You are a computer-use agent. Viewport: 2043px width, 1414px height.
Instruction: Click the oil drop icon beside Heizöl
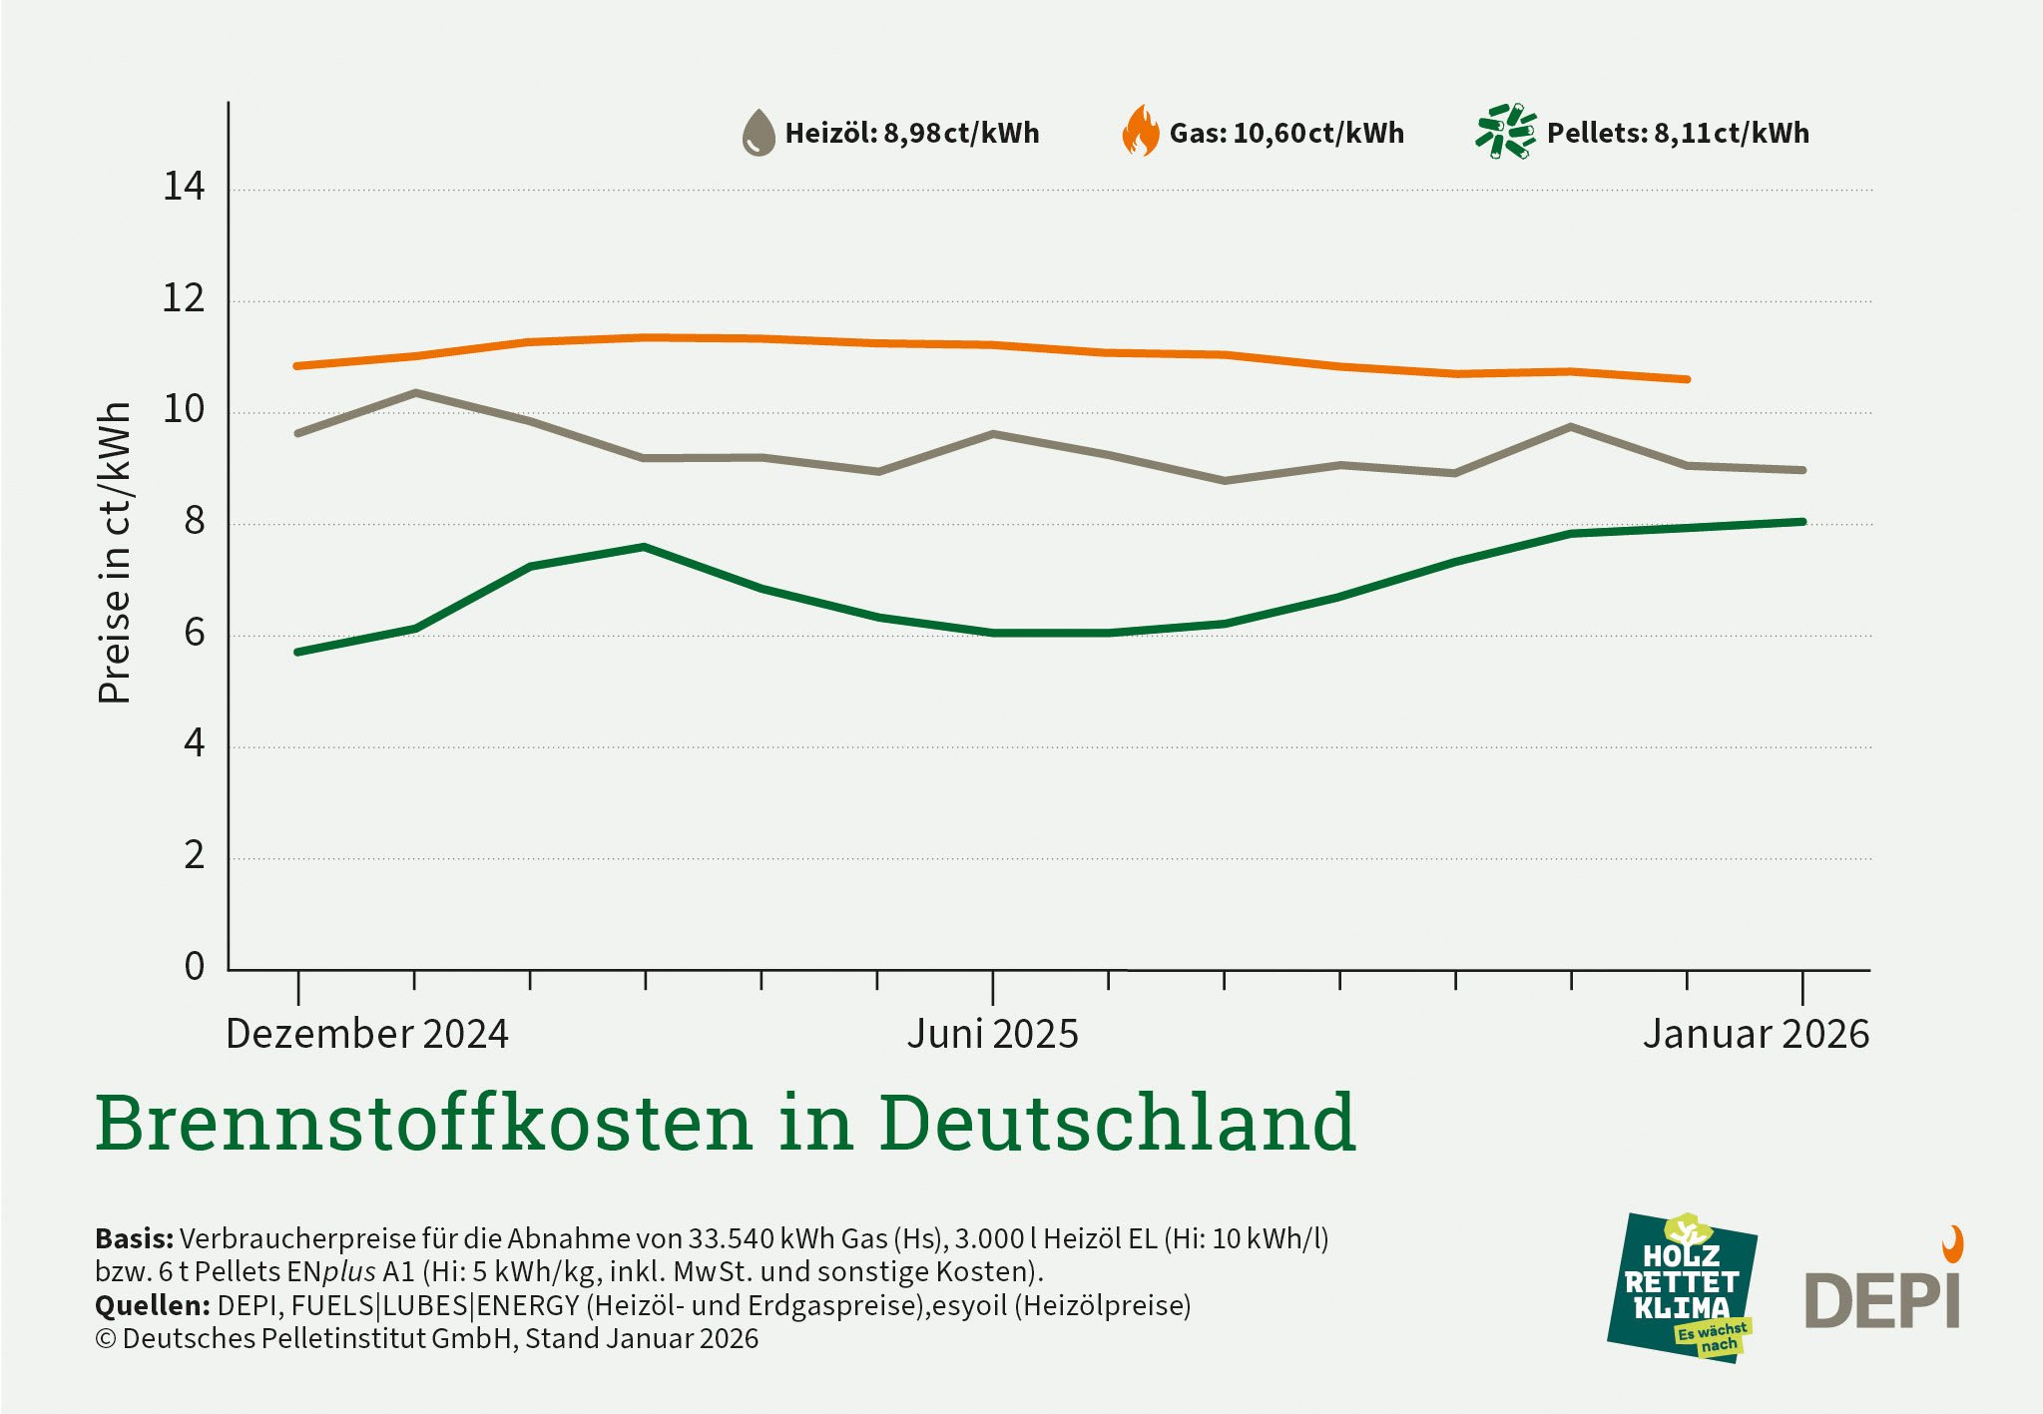[759, 133]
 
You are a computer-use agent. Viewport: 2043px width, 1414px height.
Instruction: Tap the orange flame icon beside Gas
[1140, 132]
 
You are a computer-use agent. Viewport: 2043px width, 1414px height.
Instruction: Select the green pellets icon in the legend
[1505, 131]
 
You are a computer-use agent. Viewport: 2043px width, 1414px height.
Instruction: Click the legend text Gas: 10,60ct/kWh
[1285, 134]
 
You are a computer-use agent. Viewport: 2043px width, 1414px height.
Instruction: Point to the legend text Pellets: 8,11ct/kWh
[1677, 134]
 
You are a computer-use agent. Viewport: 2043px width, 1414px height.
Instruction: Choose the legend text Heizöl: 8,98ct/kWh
[911, 134]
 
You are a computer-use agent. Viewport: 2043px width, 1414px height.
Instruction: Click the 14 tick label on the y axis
[184, 187]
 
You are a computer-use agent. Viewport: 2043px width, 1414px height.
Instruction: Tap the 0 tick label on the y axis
[194, 966]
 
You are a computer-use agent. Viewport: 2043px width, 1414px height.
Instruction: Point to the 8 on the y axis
[194, 521]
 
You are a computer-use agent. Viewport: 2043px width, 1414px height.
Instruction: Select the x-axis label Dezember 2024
[367, 1034]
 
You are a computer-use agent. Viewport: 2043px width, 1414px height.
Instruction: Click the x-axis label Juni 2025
[992, 1034]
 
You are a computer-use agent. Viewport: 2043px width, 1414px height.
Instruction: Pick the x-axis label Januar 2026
[1756, 1034]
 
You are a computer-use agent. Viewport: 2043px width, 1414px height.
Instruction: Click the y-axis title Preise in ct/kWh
[115, 554]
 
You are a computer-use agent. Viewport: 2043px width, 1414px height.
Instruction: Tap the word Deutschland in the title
[1117, 1123]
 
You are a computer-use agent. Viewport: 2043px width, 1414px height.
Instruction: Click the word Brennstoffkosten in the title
[423, 1123]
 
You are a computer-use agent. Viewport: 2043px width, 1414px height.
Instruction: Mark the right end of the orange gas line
[1686, 379]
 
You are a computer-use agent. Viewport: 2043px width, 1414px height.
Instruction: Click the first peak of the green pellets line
[645, 547]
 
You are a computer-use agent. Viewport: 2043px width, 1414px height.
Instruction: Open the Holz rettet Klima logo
[1682, 1287]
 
